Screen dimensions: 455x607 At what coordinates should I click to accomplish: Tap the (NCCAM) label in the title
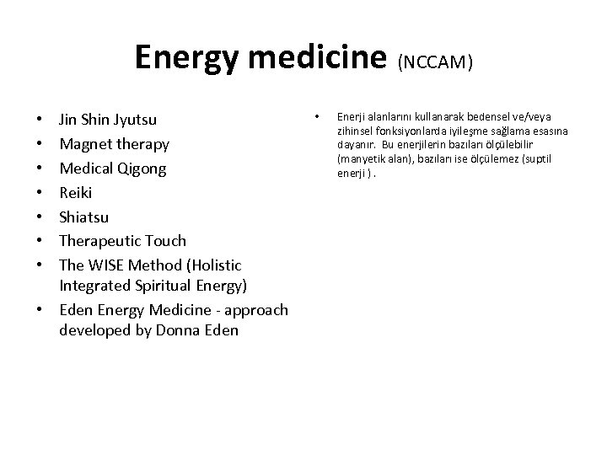click(435, 62)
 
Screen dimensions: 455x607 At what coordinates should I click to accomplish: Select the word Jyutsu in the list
click(134, 120)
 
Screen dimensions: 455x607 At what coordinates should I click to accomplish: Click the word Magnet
click(85, 144)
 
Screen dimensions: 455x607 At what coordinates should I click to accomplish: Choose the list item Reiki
click(77, 192)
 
